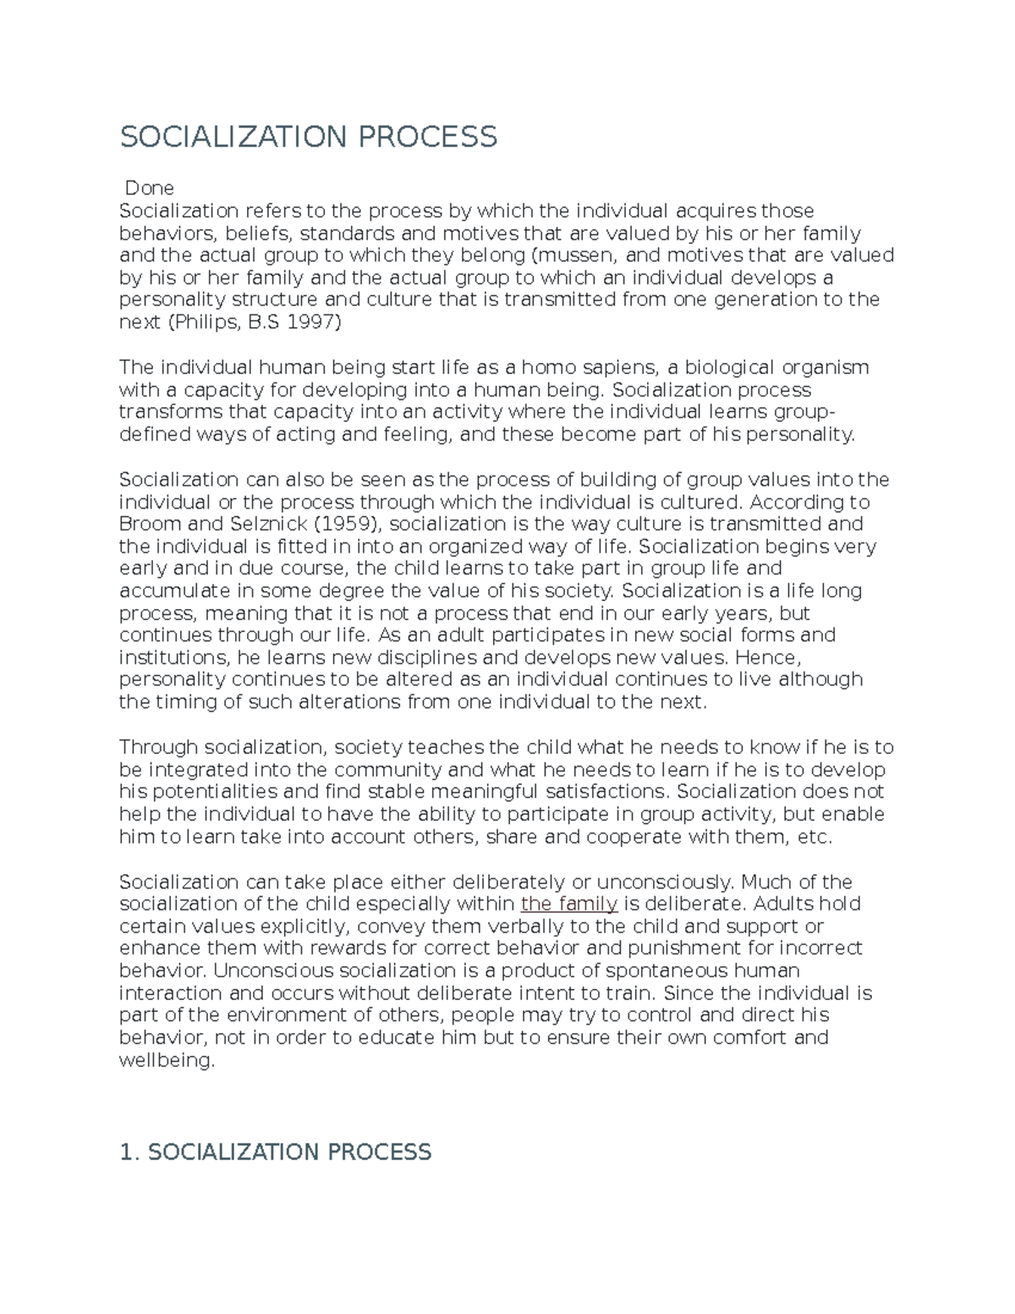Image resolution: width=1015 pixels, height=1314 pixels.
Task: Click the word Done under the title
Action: click(x=149, y=188)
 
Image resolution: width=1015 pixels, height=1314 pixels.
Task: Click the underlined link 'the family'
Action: click(x=569, y=904)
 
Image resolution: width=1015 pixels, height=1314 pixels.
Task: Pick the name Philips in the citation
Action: click(x=206, y=322)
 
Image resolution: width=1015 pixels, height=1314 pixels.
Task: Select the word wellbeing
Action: click(x=167, y=1060)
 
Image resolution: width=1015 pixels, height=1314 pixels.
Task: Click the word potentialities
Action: click(x=215, y=792)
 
